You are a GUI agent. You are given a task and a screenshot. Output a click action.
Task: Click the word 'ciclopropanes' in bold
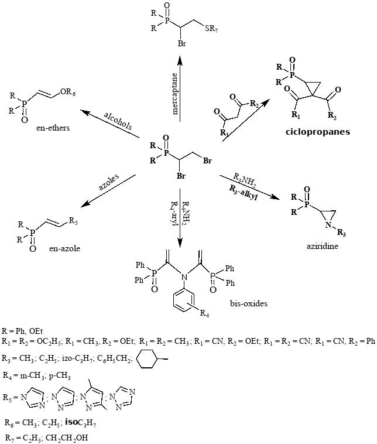coord(317,132)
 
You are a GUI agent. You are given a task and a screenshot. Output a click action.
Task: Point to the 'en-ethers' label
coord(52,128)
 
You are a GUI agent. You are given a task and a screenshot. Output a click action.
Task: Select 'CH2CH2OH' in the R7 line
coord(70,436)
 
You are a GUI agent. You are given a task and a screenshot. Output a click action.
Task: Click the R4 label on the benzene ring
coord(204,315)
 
